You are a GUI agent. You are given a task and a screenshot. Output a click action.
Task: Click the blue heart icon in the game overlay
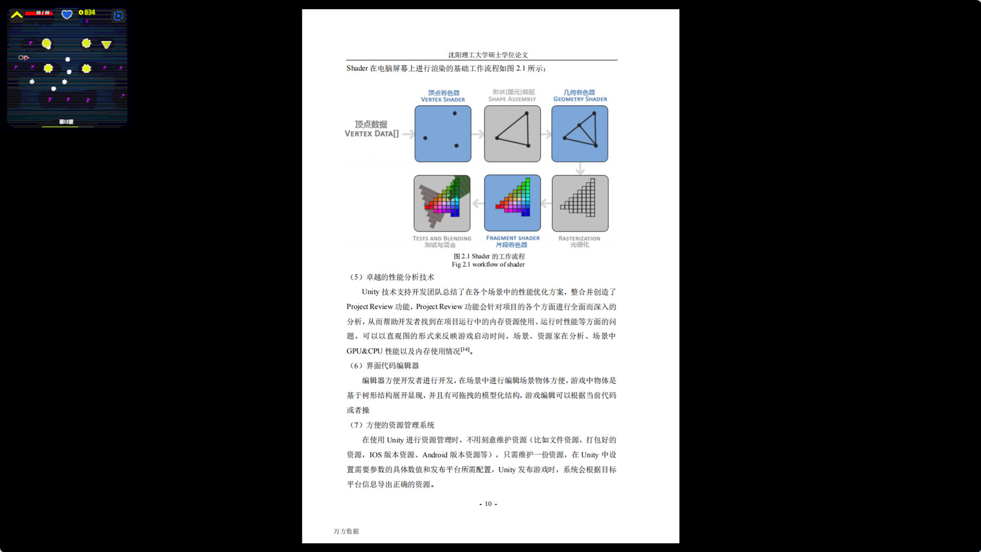(67, 14)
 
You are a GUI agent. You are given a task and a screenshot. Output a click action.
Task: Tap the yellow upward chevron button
(17, 15)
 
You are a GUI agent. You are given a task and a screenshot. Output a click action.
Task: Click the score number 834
(89, 12)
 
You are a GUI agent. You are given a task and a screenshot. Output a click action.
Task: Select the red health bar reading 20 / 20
(39, 13)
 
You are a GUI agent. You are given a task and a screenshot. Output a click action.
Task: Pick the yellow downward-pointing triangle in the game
(106, 45)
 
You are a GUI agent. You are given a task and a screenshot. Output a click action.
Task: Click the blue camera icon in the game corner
(119, 16)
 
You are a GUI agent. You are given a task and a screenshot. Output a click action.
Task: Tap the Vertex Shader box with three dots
(443, 134)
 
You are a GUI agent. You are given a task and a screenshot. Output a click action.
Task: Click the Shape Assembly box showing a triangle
(512, 134)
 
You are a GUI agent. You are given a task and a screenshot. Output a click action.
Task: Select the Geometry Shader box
(580, 134)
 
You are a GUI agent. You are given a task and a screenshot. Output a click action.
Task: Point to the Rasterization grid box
(580, 203)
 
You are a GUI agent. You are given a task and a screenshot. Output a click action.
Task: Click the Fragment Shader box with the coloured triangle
(512, 203)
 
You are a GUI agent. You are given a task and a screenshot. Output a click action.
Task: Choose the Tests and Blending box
(442, 203)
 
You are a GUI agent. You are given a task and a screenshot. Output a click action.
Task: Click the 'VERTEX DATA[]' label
(371, 134)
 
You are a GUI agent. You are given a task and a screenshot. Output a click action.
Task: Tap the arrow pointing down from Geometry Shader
(580, 169)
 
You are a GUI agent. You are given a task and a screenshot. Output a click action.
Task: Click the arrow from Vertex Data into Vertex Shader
(408, 134)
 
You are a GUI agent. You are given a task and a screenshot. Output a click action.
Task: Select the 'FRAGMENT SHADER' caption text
(512, 238)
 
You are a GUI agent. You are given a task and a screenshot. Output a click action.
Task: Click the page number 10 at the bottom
(488, 504)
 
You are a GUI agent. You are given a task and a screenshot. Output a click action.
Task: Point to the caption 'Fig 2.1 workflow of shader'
(488, 265)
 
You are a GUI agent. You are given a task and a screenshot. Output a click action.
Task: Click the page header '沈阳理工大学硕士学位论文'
(488, 55)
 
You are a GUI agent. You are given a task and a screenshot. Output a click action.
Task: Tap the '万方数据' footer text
(346, 532)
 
